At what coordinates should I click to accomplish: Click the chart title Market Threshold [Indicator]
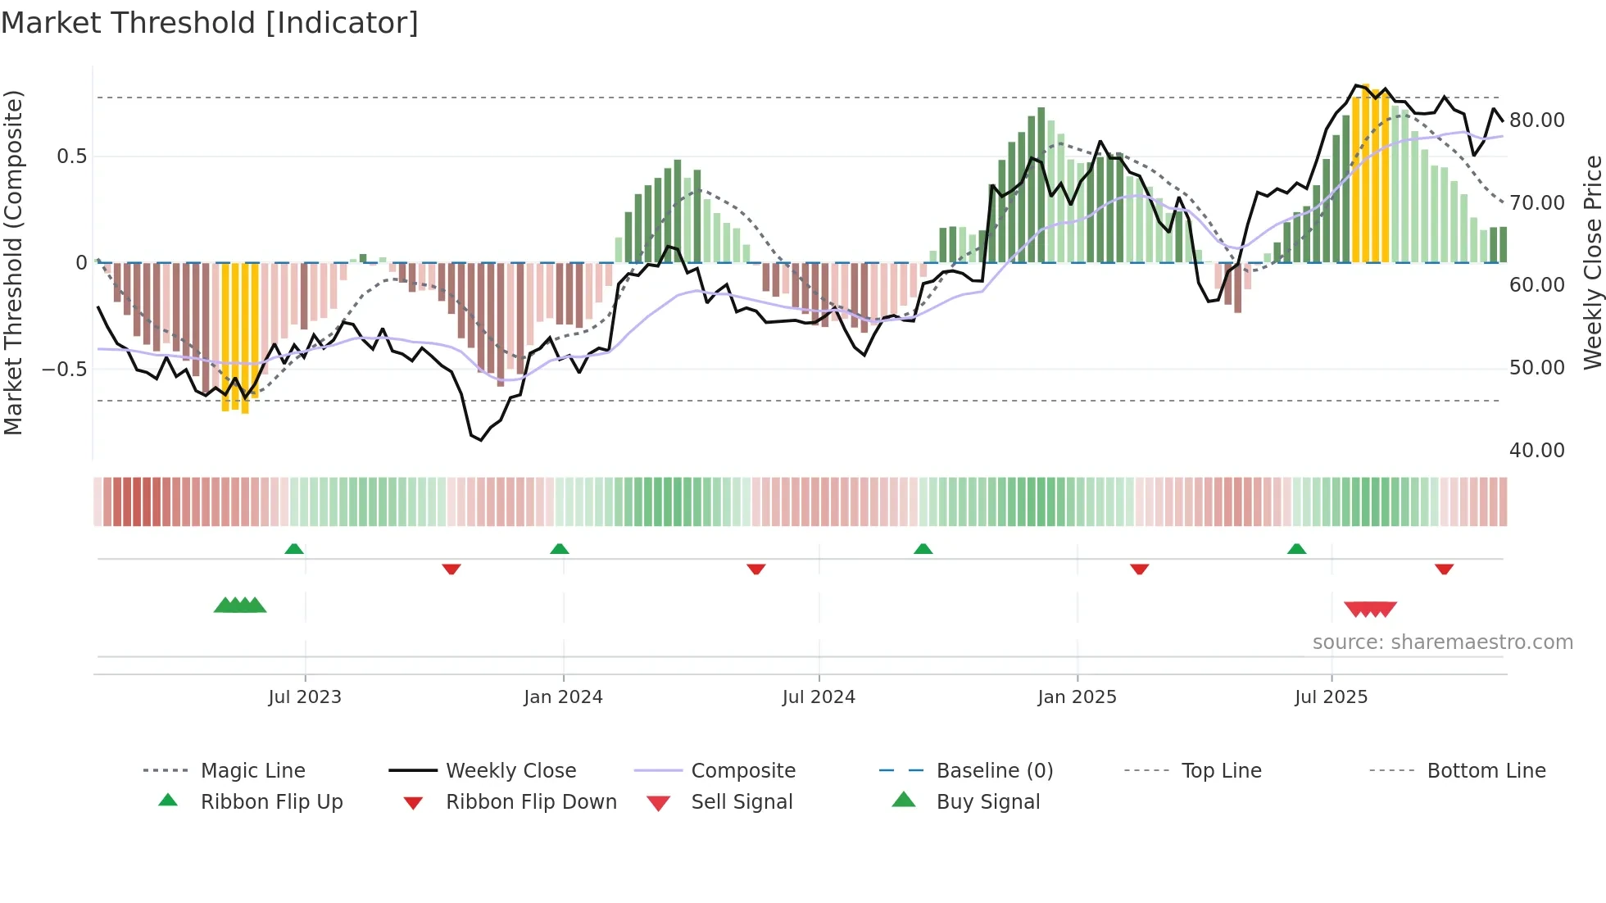(x=210, y=23)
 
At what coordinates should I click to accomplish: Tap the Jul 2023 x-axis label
(x=305, y=697)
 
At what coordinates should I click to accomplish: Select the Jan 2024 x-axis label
(x=563, y=697)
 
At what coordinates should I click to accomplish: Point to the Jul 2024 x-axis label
(x=819, y=697)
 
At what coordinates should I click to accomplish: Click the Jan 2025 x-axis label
(x=1077, y=697)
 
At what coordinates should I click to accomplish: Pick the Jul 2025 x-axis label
(x=1331, y=697)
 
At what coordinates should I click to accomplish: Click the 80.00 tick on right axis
(x=1536, y=120)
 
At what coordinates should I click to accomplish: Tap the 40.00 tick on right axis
(x=1536, y=451)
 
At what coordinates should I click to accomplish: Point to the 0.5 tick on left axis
(x=71, y=157)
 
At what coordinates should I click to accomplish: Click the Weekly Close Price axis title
(x=1592, y=262)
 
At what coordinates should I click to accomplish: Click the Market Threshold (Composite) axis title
(x=13, y=262)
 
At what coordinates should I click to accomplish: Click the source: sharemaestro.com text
(x=1442, y=642)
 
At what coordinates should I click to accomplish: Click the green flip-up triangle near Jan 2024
(x=560, y=549)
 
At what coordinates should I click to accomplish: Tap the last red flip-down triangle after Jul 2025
(x=1444, y=569)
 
